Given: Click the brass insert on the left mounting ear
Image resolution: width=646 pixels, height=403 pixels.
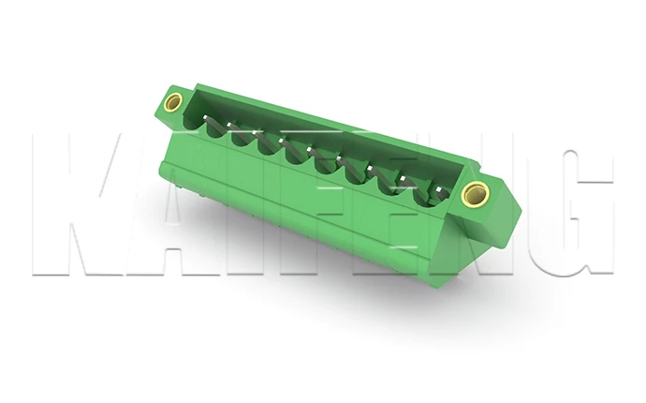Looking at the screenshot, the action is coord(173,102).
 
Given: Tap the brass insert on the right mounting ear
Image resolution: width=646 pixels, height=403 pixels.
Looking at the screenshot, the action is coord(475,195).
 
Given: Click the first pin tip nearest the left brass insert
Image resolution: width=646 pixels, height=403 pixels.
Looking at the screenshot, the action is coord(206,117).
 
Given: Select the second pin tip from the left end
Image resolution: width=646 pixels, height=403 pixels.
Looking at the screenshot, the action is coord(229,124).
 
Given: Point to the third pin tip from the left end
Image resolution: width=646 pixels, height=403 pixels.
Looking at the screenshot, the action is coord(255,132).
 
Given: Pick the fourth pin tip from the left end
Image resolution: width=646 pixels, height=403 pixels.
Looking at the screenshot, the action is coord(282,141).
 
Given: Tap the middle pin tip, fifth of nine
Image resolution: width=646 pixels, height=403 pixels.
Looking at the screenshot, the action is coord(309,149).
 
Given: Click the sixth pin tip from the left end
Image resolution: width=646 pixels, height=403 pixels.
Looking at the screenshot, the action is coord(339,158).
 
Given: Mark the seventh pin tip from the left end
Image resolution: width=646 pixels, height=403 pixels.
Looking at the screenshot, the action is coord(370,169).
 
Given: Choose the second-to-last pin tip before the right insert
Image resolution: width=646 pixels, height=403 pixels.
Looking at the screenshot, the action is coord(403,179).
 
